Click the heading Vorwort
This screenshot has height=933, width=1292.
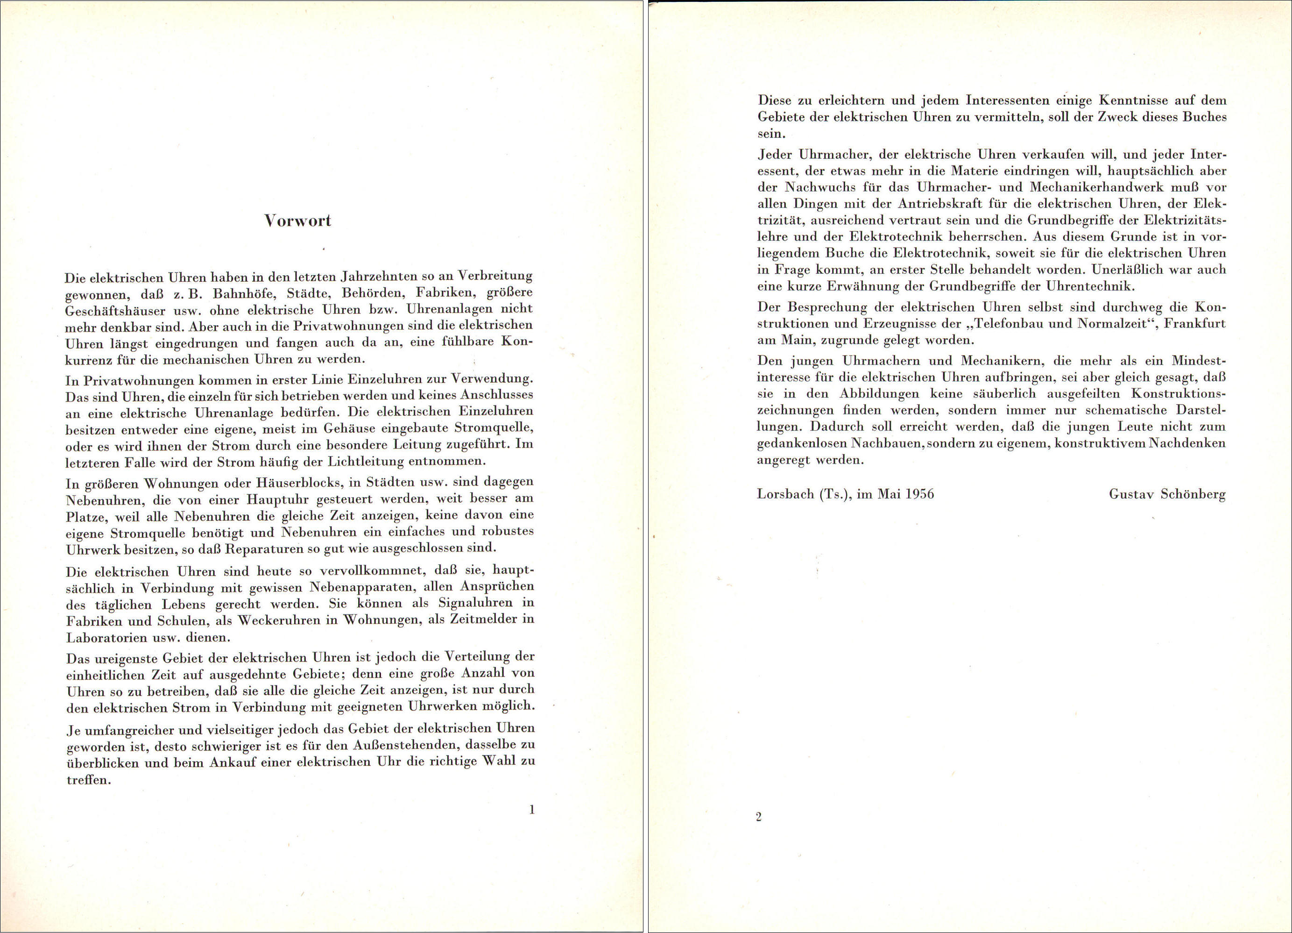(297, 221)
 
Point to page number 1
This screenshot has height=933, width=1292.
(532, 809)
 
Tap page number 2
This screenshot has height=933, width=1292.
(758, 817)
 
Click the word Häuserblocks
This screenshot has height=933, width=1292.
(295, 483)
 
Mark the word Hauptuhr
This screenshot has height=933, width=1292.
(277, 500)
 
